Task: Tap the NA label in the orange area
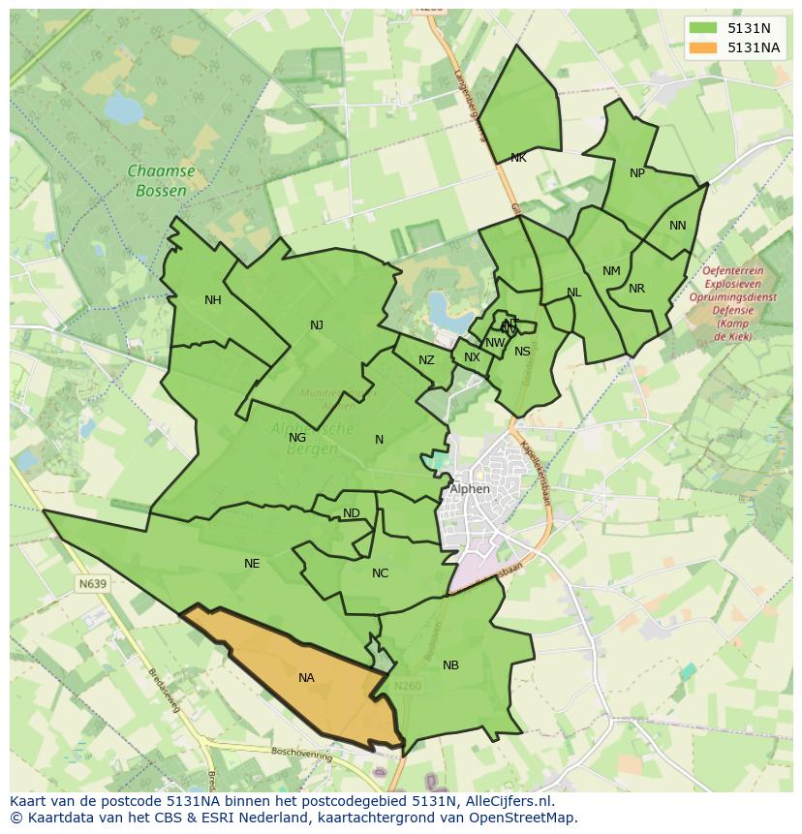click(x=306, y=678)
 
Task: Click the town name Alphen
click(x=470, y=489)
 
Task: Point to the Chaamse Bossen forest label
click(x=161, y=181)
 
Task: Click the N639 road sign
click(x=92, y=584)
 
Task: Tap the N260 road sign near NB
click(x=408, y=686)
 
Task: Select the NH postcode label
click(x=213, y=300)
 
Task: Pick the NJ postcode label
click(x=317, y=325)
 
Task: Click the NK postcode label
click(x=518, y=158)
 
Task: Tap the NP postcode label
click(x=636, y=173)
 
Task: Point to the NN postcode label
click(x=677, y=226)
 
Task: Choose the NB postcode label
click(x=450, y=665)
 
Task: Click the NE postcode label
click(x=252, y=564)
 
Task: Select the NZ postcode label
click(x=426, y=361)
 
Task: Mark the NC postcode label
click(x=380, y=573)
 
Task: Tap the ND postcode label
click(x=351, y=513)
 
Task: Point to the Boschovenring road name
click(x=301, y=752)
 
